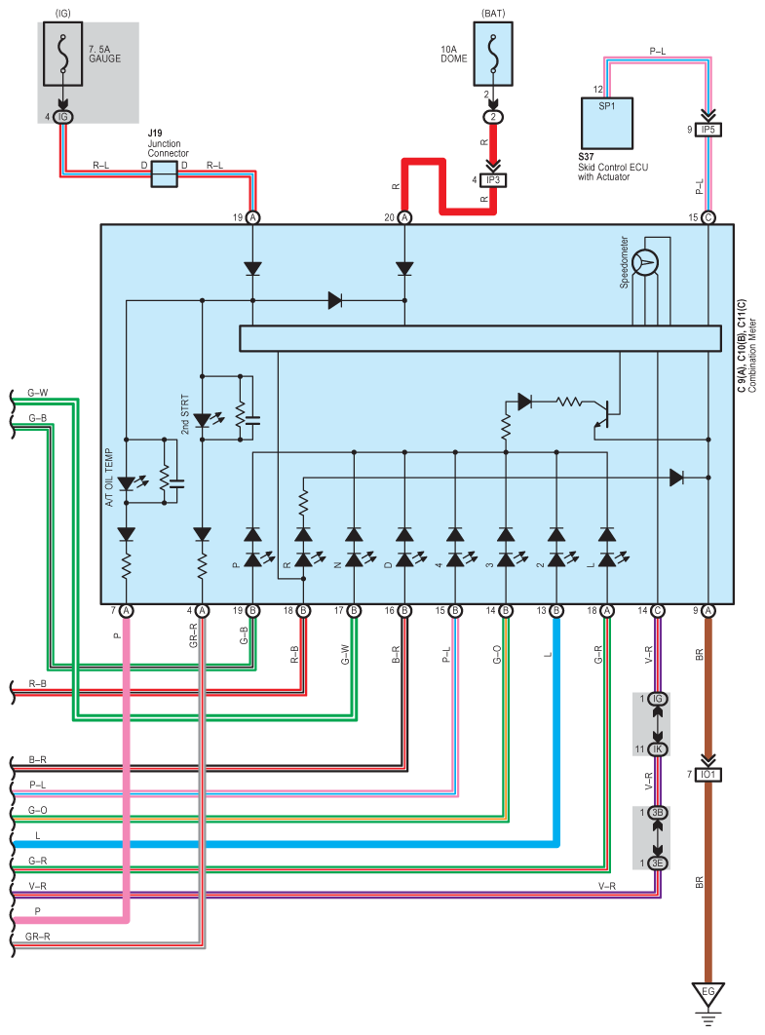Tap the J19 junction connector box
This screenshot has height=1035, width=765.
coord(164,174)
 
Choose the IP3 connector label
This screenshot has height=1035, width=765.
coord(493,179)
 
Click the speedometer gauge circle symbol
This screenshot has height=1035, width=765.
coord(644,261)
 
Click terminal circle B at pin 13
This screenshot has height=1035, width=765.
coord(556,611)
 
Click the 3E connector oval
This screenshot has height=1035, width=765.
coord(659,862)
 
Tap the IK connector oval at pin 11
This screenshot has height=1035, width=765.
coord(659,748)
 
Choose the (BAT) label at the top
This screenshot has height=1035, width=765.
coord(493,12)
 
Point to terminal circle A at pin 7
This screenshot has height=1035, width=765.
coord(126,611)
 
